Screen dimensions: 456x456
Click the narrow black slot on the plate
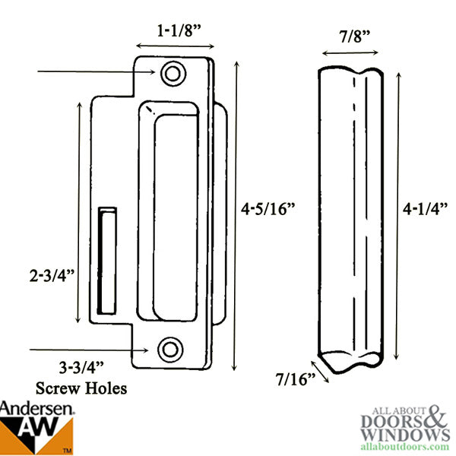point(107,258)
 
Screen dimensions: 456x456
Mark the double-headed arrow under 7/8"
point(350,53)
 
